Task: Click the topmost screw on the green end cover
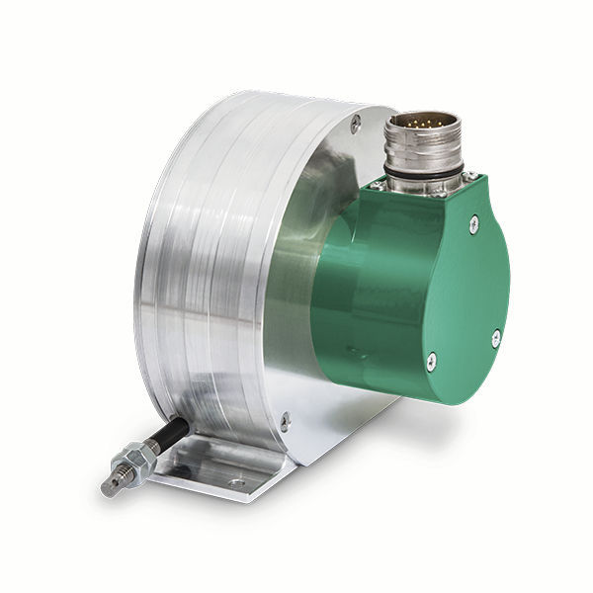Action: coord(477,225)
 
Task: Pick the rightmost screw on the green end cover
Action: coord(495,338)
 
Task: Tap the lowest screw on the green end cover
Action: coord(430,365)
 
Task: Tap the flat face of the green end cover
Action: coord(445,287)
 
